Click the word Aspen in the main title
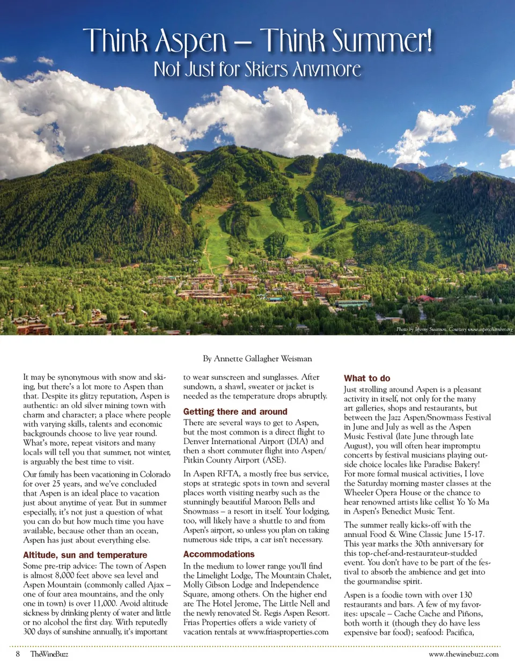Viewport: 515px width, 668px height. click(190, 42)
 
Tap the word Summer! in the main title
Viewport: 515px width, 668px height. click(381, 41)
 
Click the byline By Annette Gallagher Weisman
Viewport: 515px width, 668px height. click(257, 358)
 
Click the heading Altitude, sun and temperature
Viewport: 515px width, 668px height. click(85, 555)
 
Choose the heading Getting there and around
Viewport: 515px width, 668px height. click(235, 412)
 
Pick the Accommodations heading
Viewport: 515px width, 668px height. click(219, 554)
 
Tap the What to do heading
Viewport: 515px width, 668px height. click(367, 378)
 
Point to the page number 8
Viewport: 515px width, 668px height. click(18, 654)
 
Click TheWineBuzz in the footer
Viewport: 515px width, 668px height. click(49, 654)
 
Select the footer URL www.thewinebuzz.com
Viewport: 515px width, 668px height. click(464, 654)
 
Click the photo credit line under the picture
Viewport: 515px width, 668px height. click(454, 329)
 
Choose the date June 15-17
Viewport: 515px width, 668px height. click(463, 534)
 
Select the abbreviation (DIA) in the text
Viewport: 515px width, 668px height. click(297, 441)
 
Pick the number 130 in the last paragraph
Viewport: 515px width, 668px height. click(466, 594)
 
